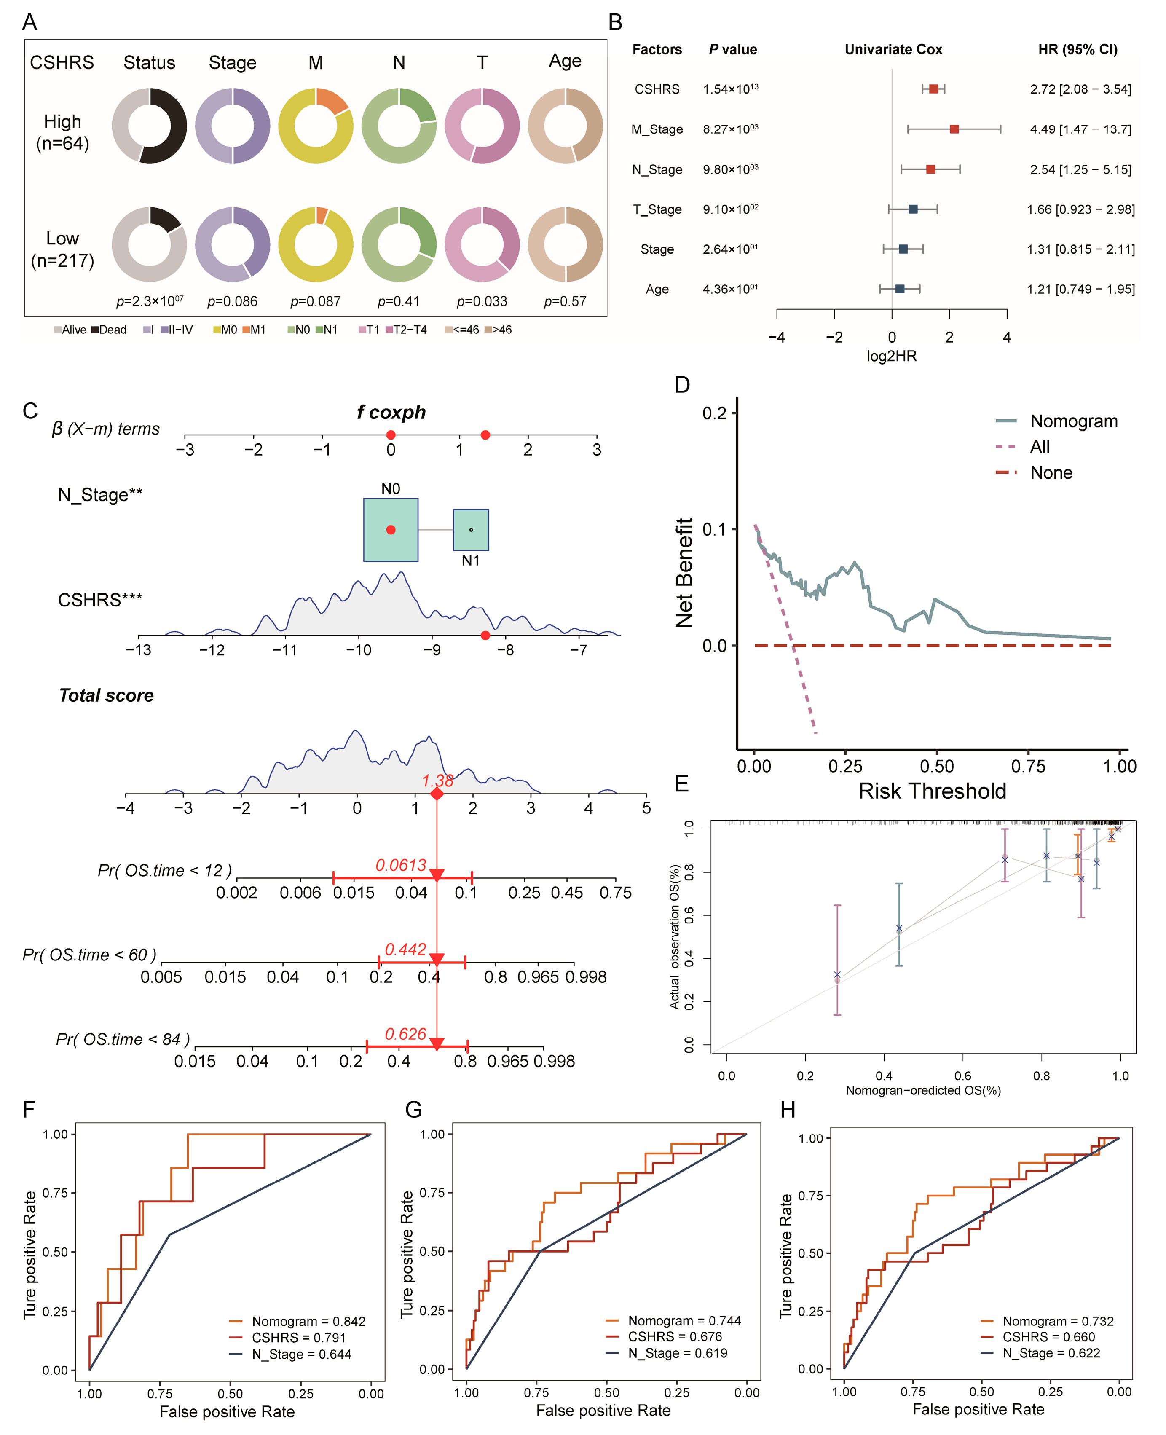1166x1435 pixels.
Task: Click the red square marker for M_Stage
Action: pyautogui.click(x=954, y=129)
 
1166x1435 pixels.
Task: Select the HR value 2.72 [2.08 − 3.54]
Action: pyautogui.click(x=1080, y=89)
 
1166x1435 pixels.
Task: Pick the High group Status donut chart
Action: pyautogui.click(x=149, y=126)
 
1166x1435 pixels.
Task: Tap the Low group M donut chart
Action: pyautogui.click(x=316, y=244)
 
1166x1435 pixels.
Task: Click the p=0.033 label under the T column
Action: pyautogui.click(x=482, y=302)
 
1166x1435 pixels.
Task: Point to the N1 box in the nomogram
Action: pyautogui.click(x=471, y=530)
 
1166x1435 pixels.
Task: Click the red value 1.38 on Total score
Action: pyautogui.click(x=437, y=781)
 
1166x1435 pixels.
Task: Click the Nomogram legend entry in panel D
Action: pyautogui.click(x=1073, y=421)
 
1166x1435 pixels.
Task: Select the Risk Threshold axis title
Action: pyautogui.click(x=932, y=791)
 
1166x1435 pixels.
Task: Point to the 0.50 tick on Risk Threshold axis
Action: pyautogui.click(x=937, y=767)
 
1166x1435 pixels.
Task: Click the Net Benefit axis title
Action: pyautogui.click(x=684, y=573)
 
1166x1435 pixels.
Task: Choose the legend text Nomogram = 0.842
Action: pyautogui.click(x=308, y=1322)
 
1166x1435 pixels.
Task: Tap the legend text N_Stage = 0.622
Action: pyautogui.click(x=1051, y=1353)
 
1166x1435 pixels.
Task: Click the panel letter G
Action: pyautogui.click(x=414, y=1109)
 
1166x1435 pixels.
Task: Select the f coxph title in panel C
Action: pyautogui.click(x=391, y=413)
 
